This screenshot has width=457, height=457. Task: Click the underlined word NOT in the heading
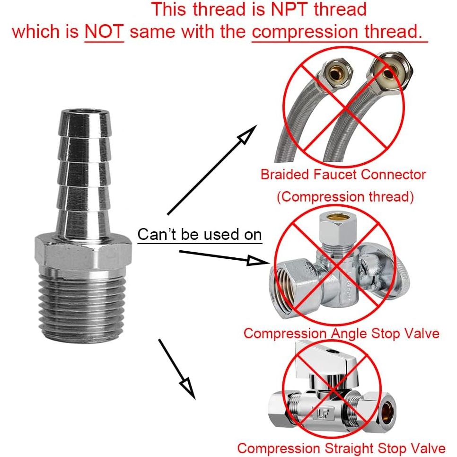[104, 31]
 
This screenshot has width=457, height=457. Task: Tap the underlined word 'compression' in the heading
[305, 32]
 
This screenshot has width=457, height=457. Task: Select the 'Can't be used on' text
[200, 235]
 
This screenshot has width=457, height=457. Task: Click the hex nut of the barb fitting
[83, 253]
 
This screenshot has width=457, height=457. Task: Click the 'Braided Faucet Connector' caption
[343, 175]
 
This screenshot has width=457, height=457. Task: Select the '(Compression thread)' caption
[345, 197]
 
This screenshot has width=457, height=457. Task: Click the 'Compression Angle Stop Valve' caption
[341, 333]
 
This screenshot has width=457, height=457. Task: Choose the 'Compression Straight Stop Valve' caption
[341, 448]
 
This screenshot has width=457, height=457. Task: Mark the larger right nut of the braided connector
[390, 73]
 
